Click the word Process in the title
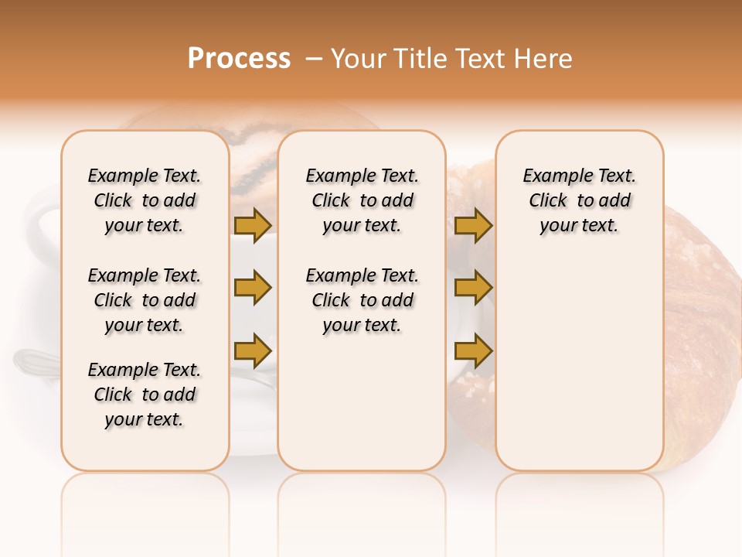[x=239, y=59]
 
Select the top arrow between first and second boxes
[x=253, y=225]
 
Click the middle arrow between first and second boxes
[x=253, y=288]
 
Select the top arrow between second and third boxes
[x=473, y=225]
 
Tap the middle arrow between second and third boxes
[x=473, y=288]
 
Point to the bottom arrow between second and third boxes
[x=473, y=350]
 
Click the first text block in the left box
[x=145, y=200]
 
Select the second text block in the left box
[x=145, y=300]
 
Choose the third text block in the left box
[x=145, y=395]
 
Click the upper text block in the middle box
[x=362, y=200]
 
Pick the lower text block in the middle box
[x=362, y=300]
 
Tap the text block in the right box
[x=579, y=200]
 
